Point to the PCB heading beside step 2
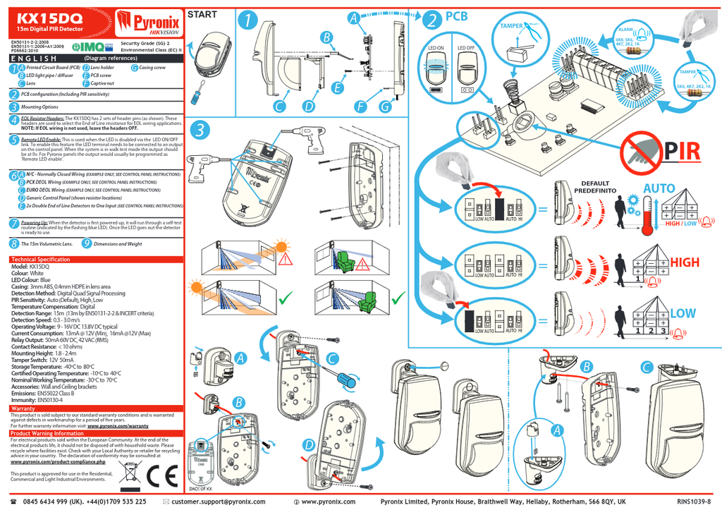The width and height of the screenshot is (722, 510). (x=456, y=16)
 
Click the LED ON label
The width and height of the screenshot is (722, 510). (x=436, y=49)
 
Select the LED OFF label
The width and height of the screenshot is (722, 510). (x=466, y=49)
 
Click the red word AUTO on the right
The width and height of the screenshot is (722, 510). (x=659, y=189)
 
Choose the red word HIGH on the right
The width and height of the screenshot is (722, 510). (x=685, y=262)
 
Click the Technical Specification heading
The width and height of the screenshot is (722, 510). (x=41, y=260)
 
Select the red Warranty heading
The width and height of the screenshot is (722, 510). (x=23, y=408)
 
